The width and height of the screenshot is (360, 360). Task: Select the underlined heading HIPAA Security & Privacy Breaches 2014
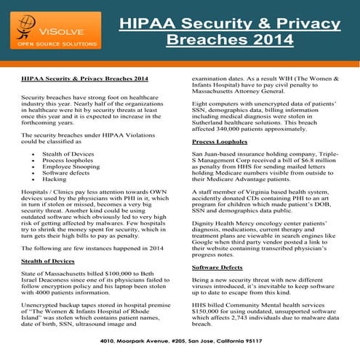85,76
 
